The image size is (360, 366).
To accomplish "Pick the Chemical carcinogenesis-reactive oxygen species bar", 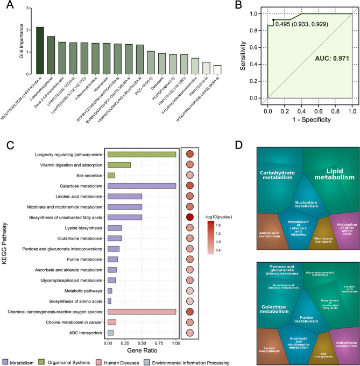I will (142, 312).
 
